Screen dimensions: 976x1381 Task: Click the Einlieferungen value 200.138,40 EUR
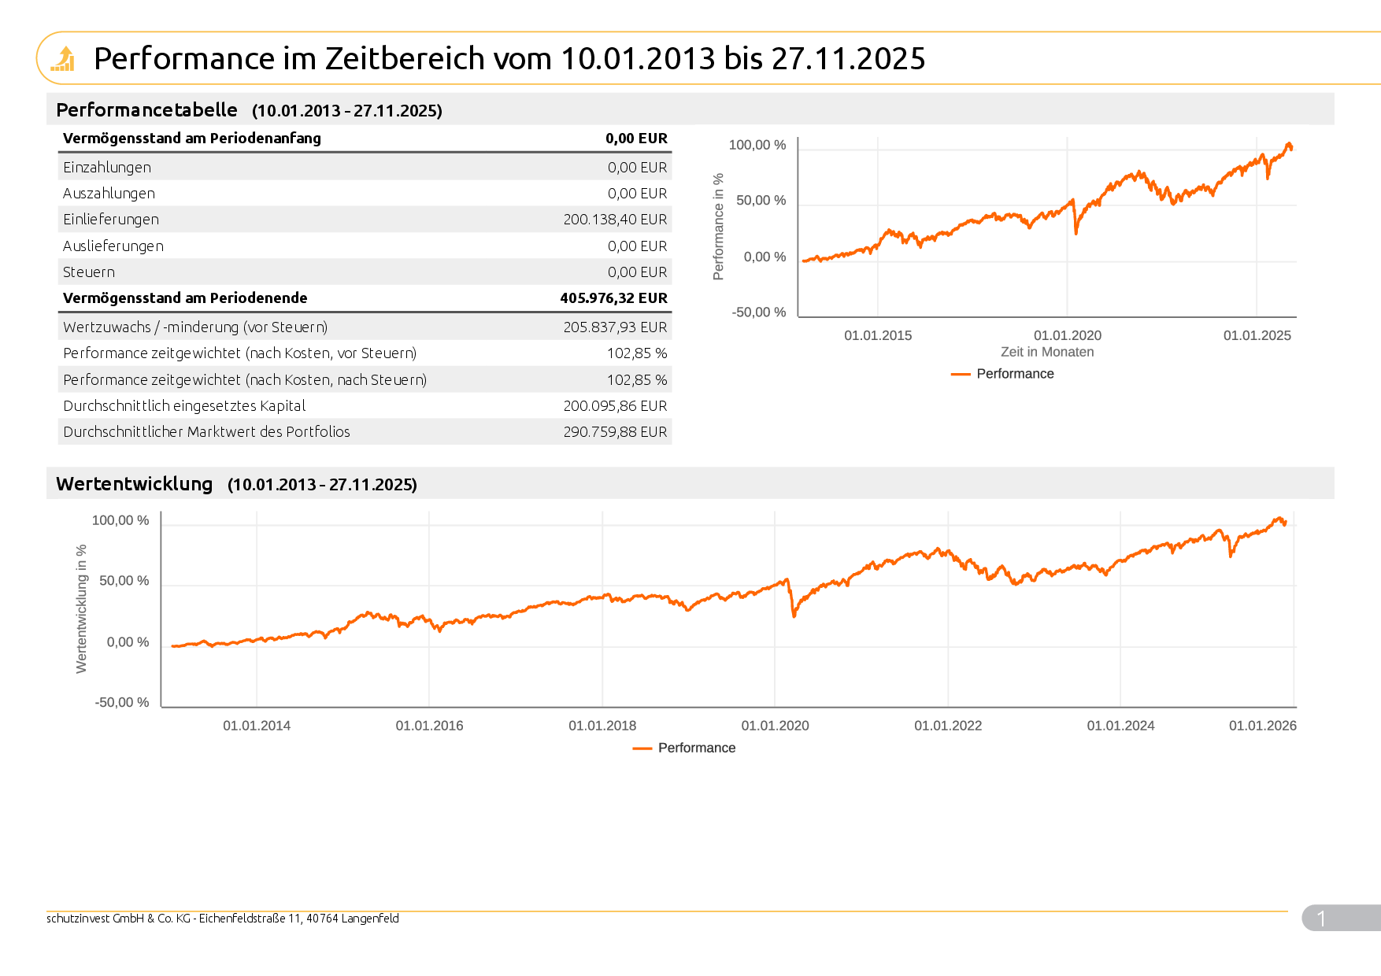point(615,220)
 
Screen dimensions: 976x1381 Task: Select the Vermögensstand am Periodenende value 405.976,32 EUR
point(613,298)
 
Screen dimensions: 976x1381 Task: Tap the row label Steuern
point(89,272)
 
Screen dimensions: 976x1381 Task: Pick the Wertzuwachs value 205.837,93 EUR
point(615,327)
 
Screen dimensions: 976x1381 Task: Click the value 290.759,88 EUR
point(615,432)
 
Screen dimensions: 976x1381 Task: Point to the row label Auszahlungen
point(109,194)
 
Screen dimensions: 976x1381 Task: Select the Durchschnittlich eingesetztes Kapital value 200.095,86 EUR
point(615,406)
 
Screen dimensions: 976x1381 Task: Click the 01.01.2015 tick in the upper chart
point(878,335)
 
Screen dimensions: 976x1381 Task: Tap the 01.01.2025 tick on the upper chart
point(1257,335)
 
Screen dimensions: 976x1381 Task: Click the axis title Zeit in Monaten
point(1046,352)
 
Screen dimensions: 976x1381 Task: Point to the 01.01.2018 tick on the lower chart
point(602,726)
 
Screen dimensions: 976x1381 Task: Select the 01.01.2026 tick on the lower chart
point(1262,726)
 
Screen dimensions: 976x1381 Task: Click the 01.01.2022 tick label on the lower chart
point(948,726)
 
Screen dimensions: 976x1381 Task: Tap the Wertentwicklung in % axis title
point(81,608)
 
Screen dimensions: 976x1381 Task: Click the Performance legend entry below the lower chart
point(696,748)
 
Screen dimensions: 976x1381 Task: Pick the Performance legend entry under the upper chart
point(1014,374)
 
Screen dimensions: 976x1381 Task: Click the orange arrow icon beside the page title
point(64,58)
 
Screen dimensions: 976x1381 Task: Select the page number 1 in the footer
point(1321,919)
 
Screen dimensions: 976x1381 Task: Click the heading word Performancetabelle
point(146,110)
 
